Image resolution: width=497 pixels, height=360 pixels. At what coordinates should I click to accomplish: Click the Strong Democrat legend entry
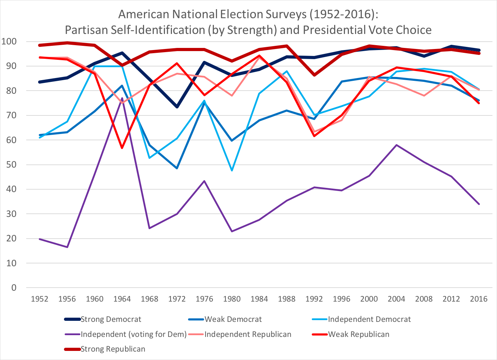click(111, 319)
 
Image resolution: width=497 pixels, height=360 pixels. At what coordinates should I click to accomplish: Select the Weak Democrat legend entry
click(233, 319)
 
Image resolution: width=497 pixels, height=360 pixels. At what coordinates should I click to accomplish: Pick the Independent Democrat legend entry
click(369, 319)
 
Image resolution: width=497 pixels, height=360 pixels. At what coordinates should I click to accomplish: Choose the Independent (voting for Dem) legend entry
click(134, 334)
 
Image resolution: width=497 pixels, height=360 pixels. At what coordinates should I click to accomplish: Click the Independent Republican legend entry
click(247, 334)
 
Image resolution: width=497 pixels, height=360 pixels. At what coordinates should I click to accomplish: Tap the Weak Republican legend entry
click(358, 334)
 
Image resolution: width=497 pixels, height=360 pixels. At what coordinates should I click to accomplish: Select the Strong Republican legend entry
click(113, 349)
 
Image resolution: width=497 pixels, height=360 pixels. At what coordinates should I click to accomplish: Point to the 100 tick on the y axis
click(9, 42)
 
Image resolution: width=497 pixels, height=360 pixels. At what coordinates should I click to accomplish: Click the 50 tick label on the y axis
click(12, 165)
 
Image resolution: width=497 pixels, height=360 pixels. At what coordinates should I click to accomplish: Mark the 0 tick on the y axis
click(14, 288)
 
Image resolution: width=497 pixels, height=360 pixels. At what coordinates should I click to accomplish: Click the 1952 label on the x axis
click(39, 299)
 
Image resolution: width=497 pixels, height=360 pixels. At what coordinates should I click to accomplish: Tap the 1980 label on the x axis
click(232, 299)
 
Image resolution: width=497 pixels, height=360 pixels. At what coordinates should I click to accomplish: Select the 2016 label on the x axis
click(479, 299)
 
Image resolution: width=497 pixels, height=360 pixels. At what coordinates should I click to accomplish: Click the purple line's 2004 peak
click(396, 145)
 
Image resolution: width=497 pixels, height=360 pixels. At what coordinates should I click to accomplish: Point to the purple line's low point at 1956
click(67, 247)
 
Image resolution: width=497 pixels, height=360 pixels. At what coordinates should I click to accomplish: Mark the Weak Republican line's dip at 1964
click(122, 148)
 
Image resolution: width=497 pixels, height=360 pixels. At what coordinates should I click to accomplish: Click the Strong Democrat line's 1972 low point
click(177, 107)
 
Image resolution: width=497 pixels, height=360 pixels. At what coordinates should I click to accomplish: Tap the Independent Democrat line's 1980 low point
click(232, 170)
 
